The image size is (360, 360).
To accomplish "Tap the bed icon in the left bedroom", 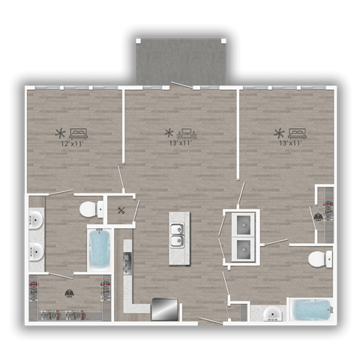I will [79, 133].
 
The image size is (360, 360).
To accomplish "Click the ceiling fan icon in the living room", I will [169, 133].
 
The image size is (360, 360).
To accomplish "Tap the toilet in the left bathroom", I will [92, 208].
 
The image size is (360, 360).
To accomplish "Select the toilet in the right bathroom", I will [322, 259].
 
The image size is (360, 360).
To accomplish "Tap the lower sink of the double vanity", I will [36, 252].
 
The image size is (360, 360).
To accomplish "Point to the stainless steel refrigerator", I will [165, 309].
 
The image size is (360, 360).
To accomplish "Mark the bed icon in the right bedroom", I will [296, 133].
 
